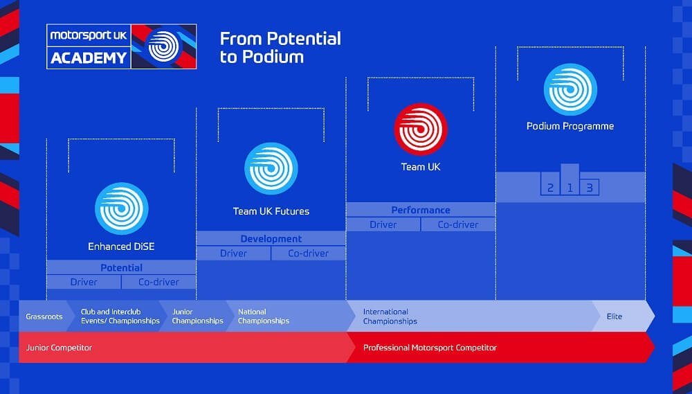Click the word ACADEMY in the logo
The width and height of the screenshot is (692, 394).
[x=89, y=57]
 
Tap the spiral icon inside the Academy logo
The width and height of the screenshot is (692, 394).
[x=164, y=46]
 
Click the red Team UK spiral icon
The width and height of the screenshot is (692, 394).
[x=421, y=129]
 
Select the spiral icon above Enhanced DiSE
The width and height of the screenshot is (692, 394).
[x=121, y=208]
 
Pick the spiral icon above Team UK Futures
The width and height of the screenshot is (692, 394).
[x=271, y=168]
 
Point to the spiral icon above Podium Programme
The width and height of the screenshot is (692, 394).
[x=570, y=89]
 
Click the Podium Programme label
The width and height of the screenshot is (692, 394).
[x=570, y=126]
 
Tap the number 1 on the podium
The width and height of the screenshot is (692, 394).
[x=570, y=188]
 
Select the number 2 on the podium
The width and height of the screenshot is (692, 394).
[x=550, y=188]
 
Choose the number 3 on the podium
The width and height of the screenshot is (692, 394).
[x=589, y=188]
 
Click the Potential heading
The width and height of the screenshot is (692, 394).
[x=121, y=268]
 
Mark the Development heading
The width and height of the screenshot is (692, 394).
[x=271, y=239]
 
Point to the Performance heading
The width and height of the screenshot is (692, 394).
[x=421, y=211]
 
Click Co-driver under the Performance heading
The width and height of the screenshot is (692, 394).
[x=457, y=224]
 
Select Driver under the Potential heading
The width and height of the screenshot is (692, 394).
[x=84, y=282]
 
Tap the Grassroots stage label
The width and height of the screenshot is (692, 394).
[x=44, y=316]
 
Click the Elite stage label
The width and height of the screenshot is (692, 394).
[x=614, y=316]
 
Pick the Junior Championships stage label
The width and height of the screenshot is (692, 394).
[x=198, y=316]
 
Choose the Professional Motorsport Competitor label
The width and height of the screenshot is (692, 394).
[x=430, y=348]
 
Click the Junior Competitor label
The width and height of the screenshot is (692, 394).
[x=59, y=348]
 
